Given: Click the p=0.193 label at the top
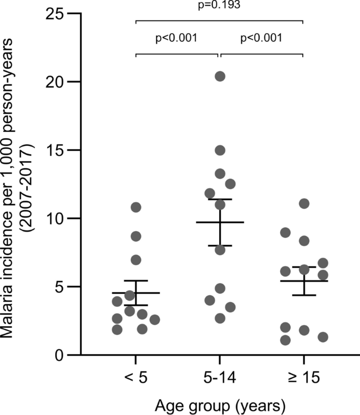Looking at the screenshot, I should [219, 7].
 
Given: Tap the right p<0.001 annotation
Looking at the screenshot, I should [261, 38].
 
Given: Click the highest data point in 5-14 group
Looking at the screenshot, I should [220, 76].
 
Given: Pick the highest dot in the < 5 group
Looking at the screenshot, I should [136, 207].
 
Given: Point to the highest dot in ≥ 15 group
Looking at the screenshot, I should [304, 203].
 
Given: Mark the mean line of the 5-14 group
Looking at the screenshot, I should [220, 222].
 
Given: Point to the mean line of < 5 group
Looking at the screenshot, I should [136, 293].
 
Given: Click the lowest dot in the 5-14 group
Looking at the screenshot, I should [220, 318].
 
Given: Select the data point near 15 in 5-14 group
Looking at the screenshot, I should [220, 150].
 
